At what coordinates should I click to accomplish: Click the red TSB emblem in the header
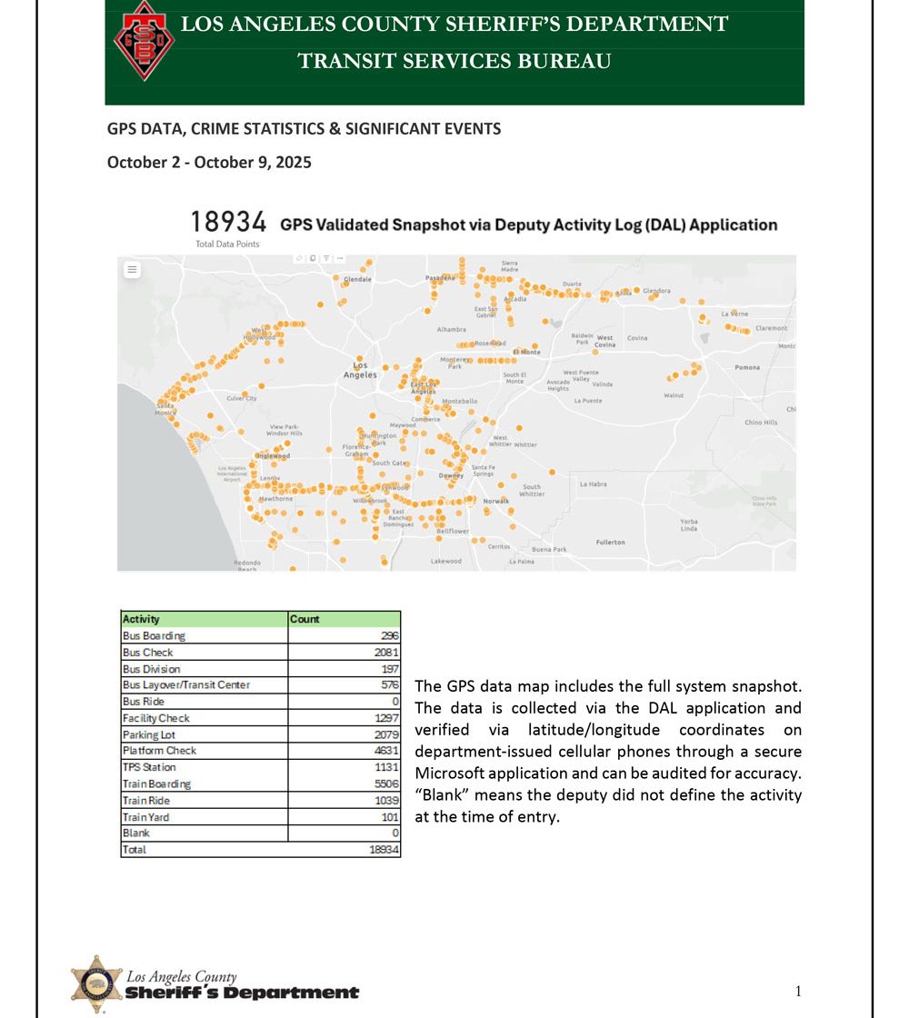(x=144, y=41)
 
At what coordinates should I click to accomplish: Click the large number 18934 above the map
(x=227, y=222)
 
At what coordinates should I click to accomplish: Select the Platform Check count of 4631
(x=385, y=751)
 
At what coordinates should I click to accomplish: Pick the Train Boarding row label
(x=156, y=783)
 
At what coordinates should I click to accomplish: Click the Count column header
(x=305, y=619)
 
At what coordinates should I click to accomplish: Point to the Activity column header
(x=141, y=619)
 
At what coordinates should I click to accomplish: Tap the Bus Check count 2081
(x=385, y=653)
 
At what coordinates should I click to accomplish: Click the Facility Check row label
(x=156, y=718)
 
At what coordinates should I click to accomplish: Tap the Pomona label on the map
(x=747, y=367)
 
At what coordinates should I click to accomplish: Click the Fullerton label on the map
(x=610, y=542)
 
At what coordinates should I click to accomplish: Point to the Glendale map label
(x=357, y=279)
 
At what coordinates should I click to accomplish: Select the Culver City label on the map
(x=242, y=398)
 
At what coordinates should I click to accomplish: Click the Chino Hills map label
(x=761, y=423)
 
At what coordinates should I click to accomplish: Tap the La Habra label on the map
(x=593, y=484)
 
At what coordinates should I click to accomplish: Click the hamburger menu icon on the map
(x=132, y=270)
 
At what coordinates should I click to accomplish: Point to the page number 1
(x=798, y=991)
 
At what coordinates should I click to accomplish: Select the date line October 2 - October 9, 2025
(x=209, y=163)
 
